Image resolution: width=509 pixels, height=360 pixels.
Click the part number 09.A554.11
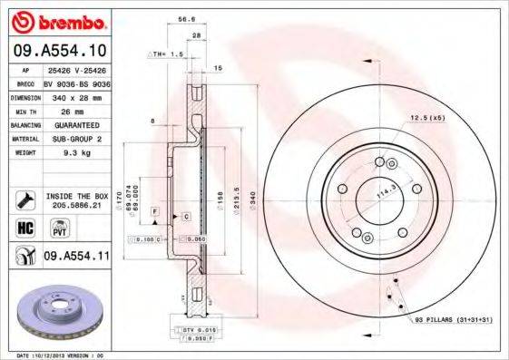(x=76, y=257)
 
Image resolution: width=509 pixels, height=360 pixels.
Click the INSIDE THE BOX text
(x=76, y=196)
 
